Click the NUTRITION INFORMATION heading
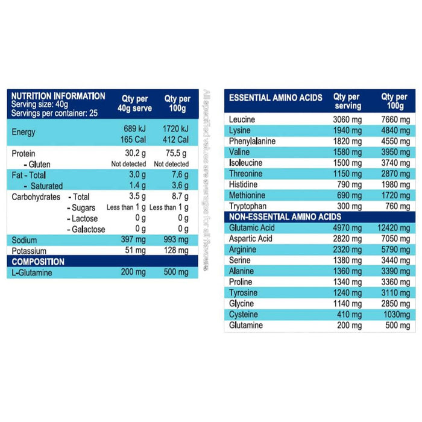[x=58, y=96]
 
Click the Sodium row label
[x=24, y=240]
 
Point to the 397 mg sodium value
[x=133, y=240]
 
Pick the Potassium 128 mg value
[x=175, y=251]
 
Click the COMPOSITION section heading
[x=38, y=262]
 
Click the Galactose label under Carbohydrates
[x=87, y=229]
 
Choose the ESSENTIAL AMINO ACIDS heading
[x=276, y=98]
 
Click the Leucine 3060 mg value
[x=347, y=119]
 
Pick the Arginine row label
[x=243, y=250]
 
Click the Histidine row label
[x=244, y=184]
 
